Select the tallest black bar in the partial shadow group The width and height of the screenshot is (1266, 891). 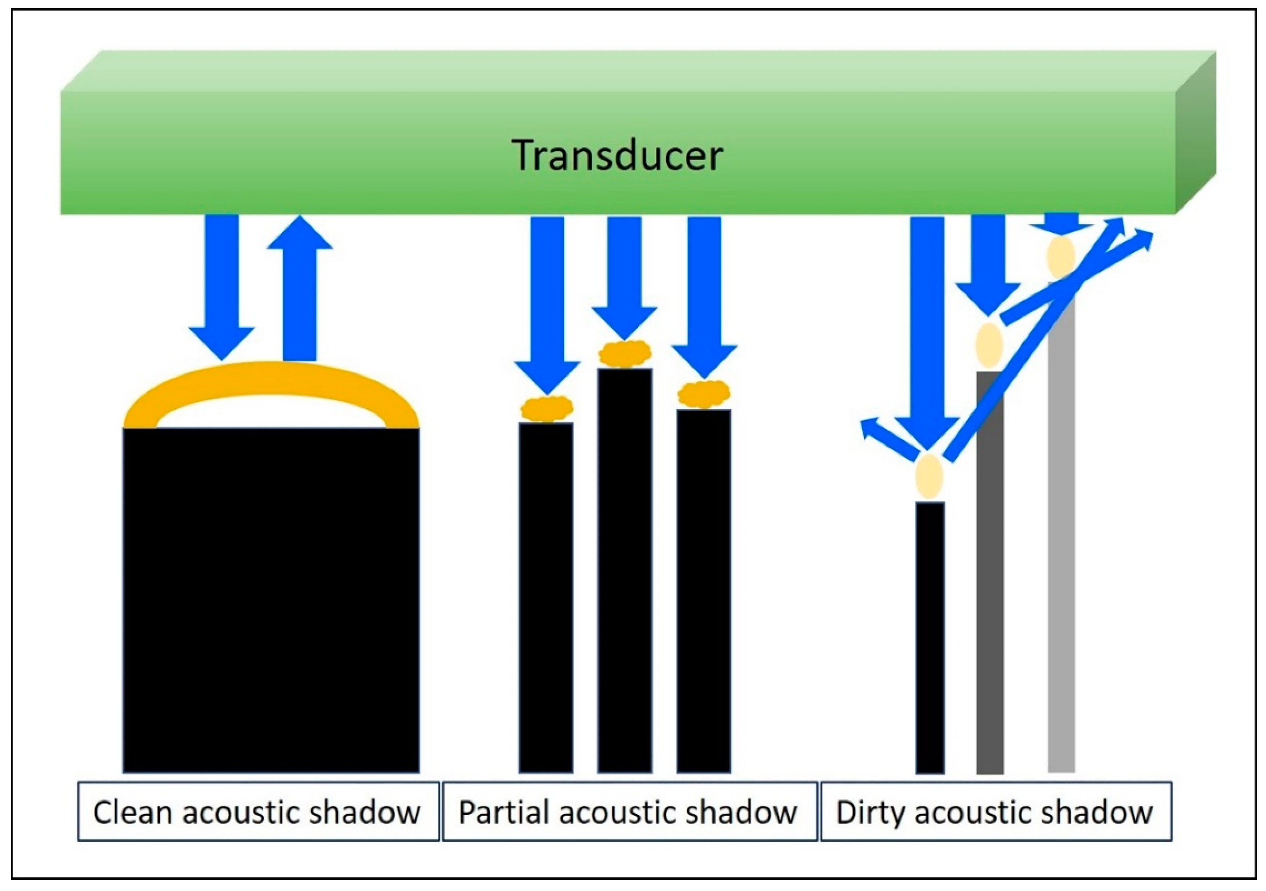pos(625,568)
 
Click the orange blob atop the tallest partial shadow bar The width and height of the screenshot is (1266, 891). pos(625,353)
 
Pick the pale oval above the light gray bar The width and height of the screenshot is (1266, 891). pos(1061,257)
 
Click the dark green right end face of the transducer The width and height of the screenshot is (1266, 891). pos(1195,132)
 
